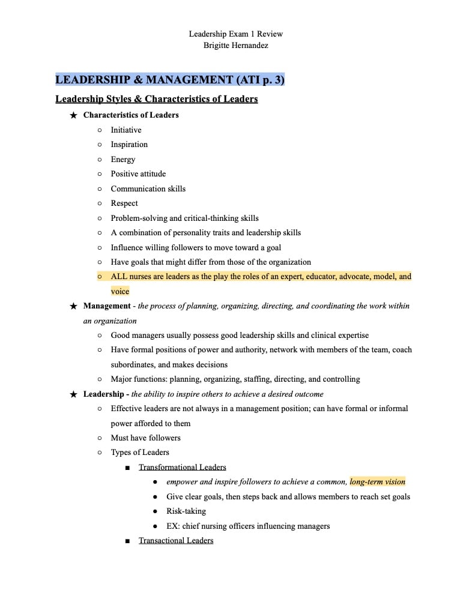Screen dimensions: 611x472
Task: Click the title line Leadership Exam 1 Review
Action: [x=235, y=34]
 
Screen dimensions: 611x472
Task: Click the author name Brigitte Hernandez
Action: [x=235, y=45]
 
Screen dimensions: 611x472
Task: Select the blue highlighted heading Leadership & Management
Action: [x=170, y=80]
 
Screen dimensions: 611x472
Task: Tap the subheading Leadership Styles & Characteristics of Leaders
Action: [x=156, y=99]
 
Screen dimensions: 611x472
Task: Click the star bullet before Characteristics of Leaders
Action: [x=73, y=115]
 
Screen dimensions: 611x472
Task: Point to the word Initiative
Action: [x=126, y=130]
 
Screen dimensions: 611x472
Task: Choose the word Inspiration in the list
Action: [x=129, y=145]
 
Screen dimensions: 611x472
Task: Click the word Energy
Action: [x=123, y=160]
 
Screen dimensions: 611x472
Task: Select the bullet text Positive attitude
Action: [x=138, y=174]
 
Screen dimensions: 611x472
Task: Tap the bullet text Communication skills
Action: [x=148, y=189]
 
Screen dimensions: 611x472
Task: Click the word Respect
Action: [x=124, y=203]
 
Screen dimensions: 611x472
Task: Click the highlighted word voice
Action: [x=120, y=292]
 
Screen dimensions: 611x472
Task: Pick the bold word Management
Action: [x=107, y=306]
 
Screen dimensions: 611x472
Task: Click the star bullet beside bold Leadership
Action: [x=73, y=394]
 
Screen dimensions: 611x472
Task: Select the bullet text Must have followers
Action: [x=145, y=438]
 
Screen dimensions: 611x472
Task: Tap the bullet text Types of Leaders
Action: [x=140, y=453]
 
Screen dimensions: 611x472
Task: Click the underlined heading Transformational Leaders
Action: [x=183, y=467]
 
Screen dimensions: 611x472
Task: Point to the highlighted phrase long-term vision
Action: [x=378, y=482]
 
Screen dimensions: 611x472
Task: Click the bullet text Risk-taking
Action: [x=186, y=511]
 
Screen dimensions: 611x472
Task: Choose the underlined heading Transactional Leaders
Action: [x=176, y=541]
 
